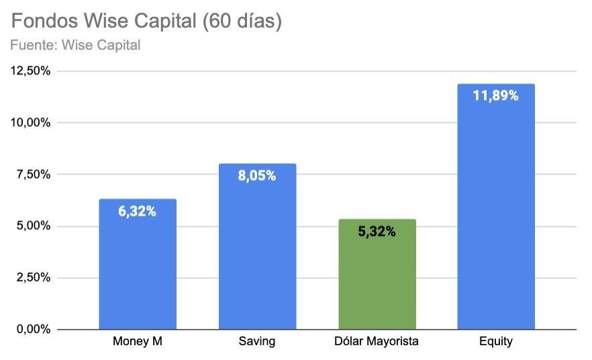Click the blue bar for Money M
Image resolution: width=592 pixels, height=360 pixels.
138,269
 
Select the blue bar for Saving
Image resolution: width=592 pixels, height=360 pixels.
257,249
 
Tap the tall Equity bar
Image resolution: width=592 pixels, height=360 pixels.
496,208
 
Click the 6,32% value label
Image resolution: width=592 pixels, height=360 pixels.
138,212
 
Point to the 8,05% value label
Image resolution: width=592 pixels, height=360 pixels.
257,176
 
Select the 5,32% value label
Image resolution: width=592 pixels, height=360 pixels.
377,232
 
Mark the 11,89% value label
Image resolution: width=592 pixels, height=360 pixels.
496,96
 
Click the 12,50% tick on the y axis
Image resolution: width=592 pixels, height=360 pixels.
30,71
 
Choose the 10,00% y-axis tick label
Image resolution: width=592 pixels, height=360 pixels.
30,123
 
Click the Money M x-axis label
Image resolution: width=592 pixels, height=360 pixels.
138,341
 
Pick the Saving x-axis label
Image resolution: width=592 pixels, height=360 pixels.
257,341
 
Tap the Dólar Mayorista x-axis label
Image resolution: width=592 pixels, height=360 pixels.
377,341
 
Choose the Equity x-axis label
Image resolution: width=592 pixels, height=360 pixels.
496,341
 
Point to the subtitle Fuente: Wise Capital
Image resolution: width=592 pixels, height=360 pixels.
75,46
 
